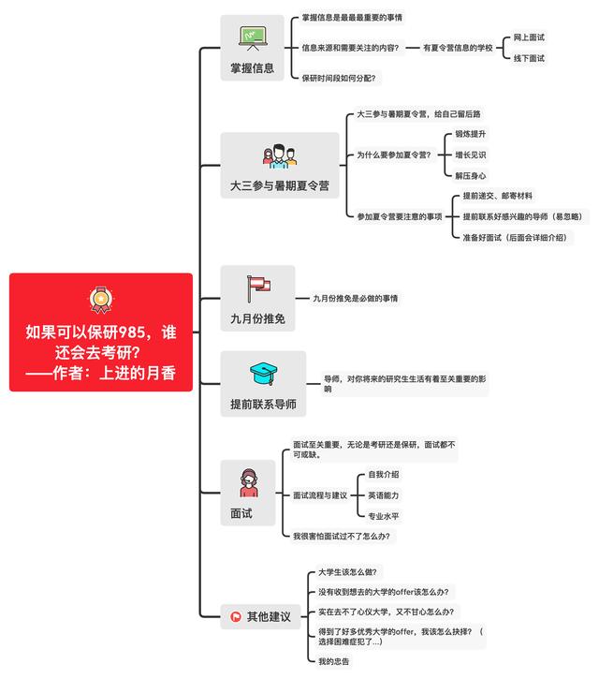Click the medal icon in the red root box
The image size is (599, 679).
(100, 299)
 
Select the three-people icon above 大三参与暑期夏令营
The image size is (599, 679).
(279, 155)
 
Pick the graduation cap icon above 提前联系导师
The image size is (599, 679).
(262, 375)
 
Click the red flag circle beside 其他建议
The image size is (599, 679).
(236, 616)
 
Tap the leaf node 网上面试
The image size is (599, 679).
(529, 37)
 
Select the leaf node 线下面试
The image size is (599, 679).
(529, 58)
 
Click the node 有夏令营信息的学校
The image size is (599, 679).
(458, 47)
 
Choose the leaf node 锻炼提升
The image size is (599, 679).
(471, 134)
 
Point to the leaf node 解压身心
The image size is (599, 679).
(471, 175)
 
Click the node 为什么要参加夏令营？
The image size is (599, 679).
(394, 155)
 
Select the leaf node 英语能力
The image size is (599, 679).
(384, 494)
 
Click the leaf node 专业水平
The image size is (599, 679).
(384, 515)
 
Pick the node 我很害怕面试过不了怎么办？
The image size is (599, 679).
(342, 536)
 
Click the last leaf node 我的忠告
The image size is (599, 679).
(334, 661)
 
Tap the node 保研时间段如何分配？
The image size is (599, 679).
(339, 78)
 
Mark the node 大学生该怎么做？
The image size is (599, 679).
(345, 571)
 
